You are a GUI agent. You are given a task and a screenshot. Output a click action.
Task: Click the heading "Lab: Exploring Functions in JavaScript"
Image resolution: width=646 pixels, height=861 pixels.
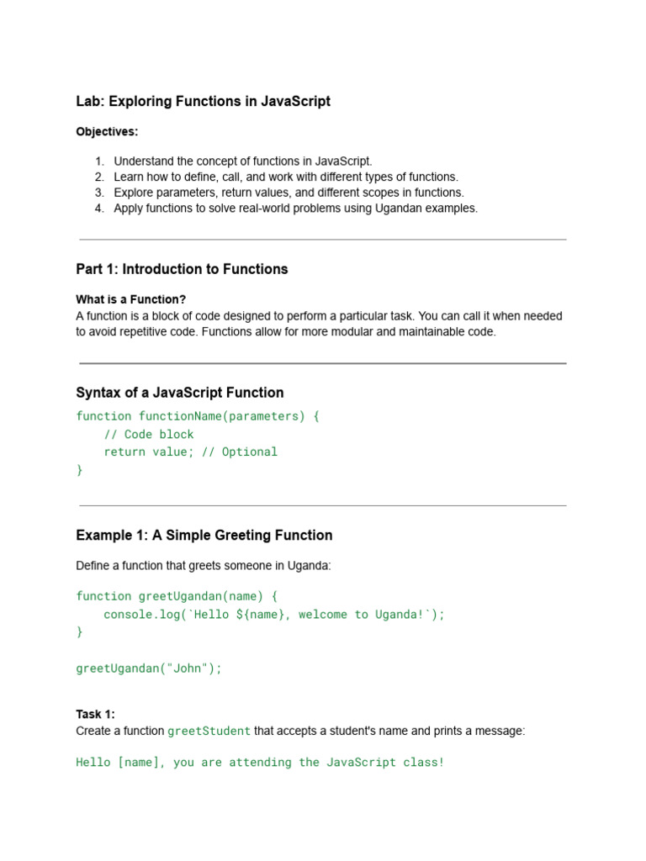[x=203, y=102]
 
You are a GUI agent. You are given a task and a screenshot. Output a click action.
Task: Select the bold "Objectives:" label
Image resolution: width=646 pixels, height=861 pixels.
[x=107, y=132]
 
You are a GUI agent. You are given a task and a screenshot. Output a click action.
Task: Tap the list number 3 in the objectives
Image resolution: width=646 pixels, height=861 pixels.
[x=99, y=193]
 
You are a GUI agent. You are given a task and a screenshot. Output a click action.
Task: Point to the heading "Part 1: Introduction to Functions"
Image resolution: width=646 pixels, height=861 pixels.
[x=182, y=269]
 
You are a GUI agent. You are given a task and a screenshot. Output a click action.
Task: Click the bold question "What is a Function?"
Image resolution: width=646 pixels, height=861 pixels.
[x=130, y=299]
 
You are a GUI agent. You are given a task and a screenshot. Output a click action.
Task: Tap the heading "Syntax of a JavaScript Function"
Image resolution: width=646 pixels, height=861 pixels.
[x=179, y=393]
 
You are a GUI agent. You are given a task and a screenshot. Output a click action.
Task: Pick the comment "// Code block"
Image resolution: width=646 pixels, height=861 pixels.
[x=149, y=435]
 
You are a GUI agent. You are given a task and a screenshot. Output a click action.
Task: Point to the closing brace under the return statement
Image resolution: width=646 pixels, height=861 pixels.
[x=80, y=470]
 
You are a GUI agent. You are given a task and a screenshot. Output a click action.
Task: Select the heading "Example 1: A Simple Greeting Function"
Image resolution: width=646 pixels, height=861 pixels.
[x=204, y=536]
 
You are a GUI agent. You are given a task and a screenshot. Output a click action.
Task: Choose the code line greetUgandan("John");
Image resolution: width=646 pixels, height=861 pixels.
[x=149, y=668]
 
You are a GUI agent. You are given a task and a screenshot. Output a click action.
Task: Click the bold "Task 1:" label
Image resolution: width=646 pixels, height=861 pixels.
[x=95, y=714]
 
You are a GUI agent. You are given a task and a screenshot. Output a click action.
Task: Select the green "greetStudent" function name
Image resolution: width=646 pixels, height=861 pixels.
[x=209, y=732]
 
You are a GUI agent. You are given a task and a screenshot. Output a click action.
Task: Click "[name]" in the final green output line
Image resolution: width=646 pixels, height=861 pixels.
[x=138, y=763]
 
